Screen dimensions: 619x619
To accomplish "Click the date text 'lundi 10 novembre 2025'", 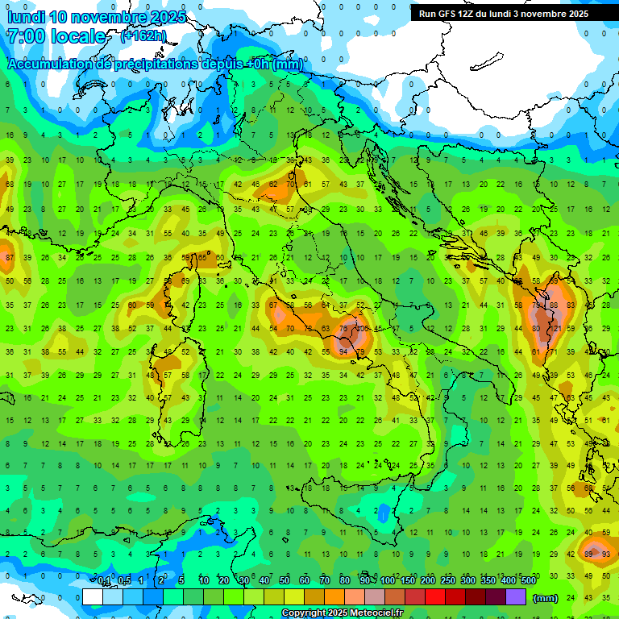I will click(96, 17).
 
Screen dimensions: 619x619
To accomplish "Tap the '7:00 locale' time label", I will click(56, 37).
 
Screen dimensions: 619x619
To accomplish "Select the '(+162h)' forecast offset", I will click(143, 36).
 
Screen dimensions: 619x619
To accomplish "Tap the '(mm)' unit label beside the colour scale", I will click(546, 597).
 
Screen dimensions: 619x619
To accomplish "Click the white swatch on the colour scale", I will click(93, 597).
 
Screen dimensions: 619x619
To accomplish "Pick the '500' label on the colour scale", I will click(528, 581).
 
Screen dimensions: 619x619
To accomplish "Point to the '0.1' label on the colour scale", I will click(105, 581).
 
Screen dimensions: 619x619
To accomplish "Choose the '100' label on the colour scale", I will click(388, 581).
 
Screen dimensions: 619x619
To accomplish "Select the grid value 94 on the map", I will click(344, 352).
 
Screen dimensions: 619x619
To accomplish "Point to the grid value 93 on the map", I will click(606, 554).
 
